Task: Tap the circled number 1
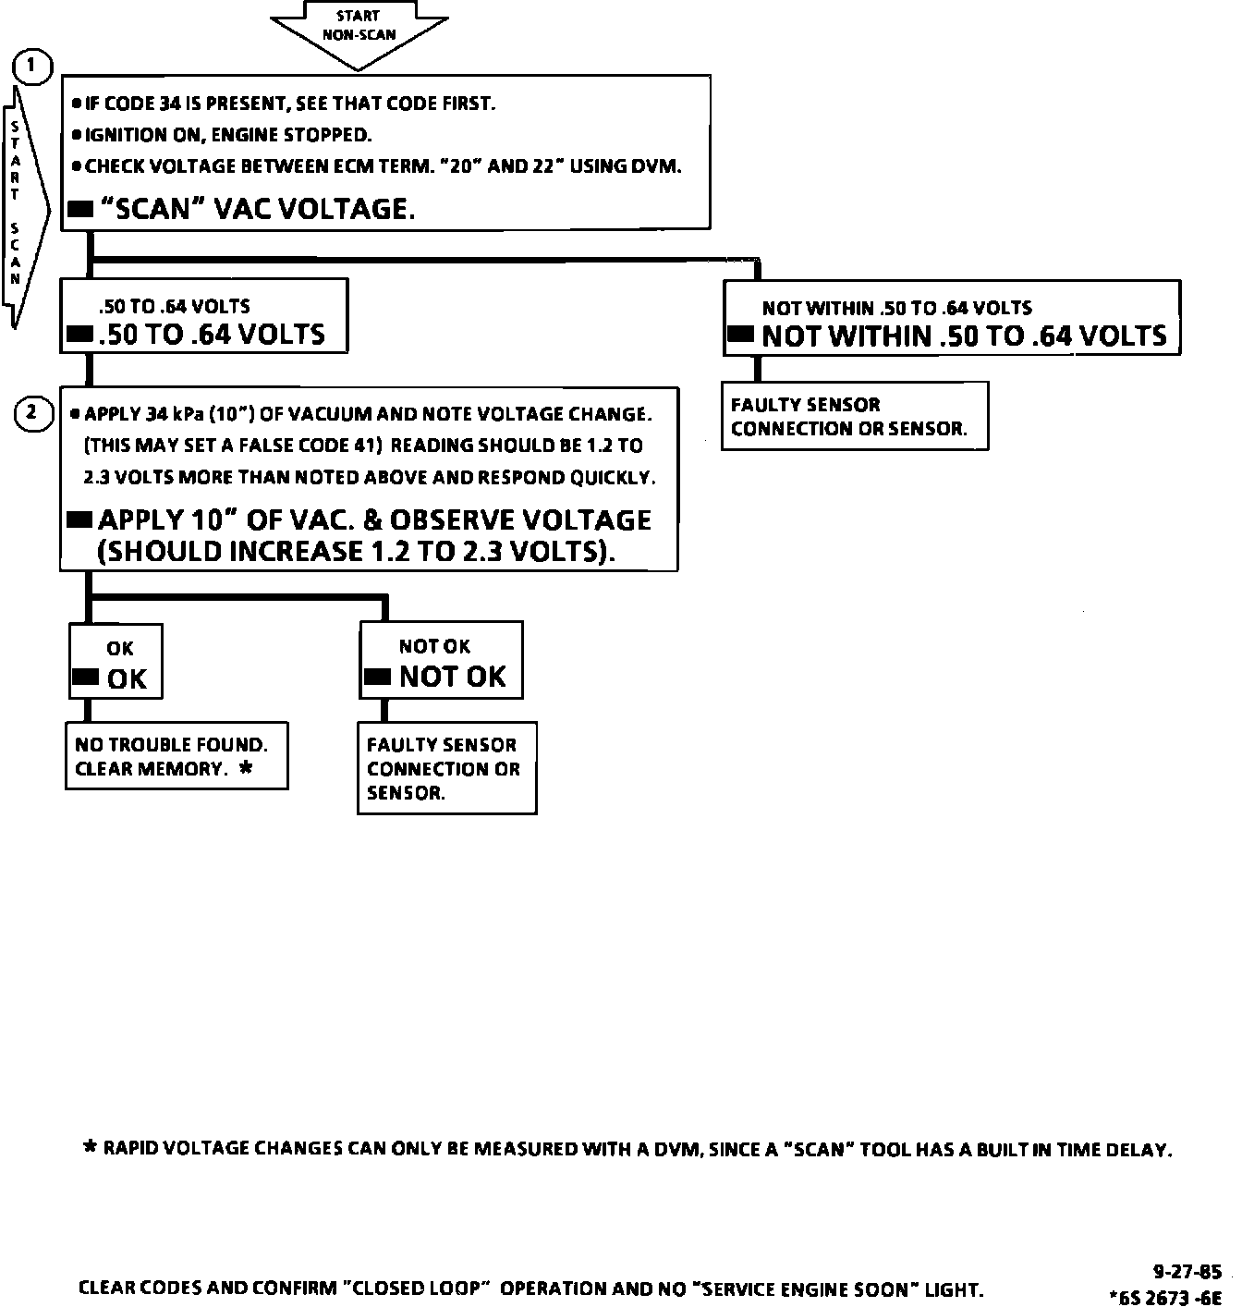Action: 32,67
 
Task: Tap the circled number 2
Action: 32,413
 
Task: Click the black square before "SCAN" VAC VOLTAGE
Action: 80,210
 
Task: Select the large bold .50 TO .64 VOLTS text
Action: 212,334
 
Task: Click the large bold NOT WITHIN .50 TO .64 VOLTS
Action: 964,336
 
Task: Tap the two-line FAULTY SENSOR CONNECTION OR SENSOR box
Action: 854,417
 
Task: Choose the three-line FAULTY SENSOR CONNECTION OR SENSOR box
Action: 446,768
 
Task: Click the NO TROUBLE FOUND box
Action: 176,756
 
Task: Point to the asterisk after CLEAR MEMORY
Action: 246,767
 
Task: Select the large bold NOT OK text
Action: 452,677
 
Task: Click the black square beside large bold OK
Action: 85,678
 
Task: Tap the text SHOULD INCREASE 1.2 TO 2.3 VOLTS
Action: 356,552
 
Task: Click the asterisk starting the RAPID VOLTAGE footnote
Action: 90,1148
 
